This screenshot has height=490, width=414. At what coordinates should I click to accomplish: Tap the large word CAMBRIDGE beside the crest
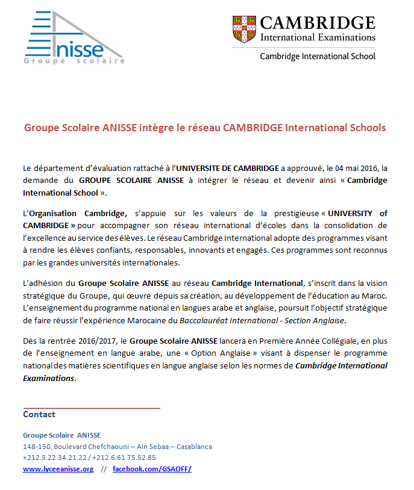pyautogui.click(x=318, y=23)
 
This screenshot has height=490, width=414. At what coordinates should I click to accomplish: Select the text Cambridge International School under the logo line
pyautogui.click(x=317, y=56)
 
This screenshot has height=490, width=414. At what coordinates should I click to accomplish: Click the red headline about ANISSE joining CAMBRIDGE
pyautogui.click(x=205, y=128)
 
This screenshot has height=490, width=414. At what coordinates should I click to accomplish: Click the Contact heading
pyautogui.click(x=39, y=414)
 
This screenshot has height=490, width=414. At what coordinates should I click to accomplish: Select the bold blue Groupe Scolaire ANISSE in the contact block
pyautogui.click(x=62, y=435)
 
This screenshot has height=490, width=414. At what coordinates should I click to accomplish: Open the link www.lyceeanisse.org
pyautogui.click(x=58, y=469)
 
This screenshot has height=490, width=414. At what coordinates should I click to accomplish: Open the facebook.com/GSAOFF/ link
pyautogui.click(x=152, y=469)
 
